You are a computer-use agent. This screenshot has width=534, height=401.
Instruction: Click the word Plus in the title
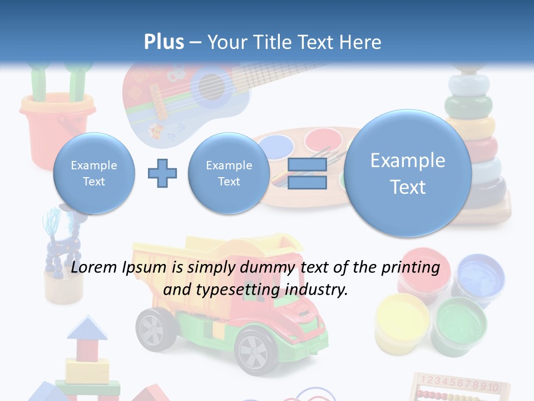tap(164, 42)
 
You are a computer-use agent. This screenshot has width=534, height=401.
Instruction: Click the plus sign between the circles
tap(162, 173)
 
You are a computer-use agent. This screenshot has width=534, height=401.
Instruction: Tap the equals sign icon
tap(307, 173)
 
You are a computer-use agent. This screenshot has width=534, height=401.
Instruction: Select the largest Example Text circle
tap(408, 173)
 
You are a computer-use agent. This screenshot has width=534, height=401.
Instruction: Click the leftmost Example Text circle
tap(94, 173)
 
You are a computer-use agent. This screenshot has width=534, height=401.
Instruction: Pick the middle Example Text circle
tap(229, 173)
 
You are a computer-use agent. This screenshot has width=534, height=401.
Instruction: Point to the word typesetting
tap(239, 290)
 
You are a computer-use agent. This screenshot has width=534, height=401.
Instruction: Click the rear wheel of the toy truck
tap(154, 329)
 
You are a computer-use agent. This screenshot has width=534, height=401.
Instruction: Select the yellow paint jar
tap(402, 320)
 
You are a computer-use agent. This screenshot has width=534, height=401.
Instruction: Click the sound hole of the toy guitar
tap(210, 86)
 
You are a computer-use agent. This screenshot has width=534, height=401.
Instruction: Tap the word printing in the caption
tap(413, 267)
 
